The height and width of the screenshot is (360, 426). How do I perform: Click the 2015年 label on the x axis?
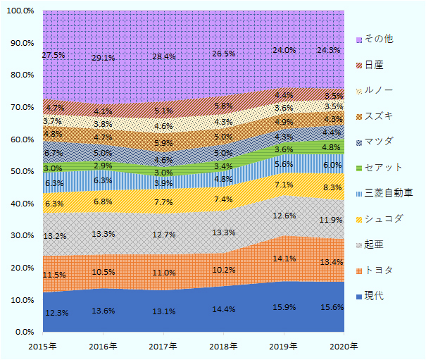(43, 346)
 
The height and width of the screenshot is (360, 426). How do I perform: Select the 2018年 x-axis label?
(224, 346)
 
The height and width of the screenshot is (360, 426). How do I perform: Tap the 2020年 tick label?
(344, 346)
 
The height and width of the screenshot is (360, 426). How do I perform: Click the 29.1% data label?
(104, 58)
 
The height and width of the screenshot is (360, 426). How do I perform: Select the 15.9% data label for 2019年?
(284, 308)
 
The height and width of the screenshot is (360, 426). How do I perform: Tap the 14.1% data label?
(284, 258)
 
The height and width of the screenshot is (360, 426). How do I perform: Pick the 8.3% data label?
(334, 187)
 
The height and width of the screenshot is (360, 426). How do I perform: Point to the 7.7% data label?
(163, 201)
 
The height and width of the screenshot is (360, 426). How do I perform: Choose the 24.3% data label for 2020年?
(330, 51)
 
